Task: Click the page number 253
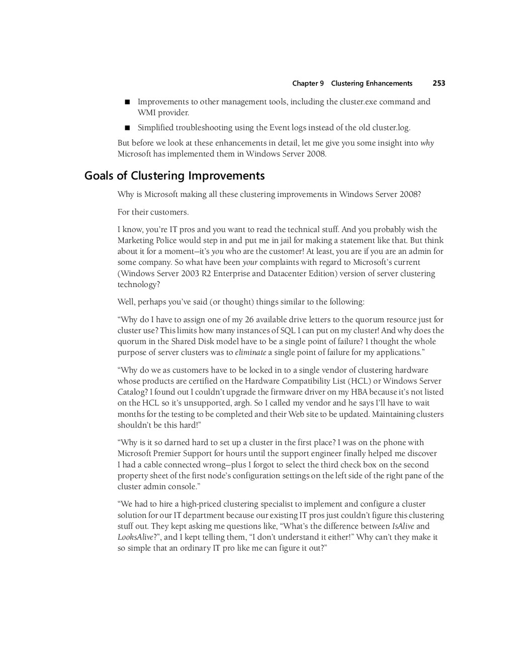(439, 84)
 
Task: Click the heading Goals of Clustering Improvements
(174, 176)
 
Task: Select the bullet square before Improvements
(127, 102)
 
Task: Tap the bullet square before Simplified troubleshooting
(127, 128)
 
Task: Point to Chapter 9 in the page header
(308, 84)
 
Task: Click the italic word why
(427, 143)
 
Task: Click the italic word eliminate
(250, 352)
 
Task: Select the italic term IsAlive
(403, 527)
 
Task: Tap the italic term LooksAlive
(135, 537)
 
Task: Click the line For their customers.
(153, 212)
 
